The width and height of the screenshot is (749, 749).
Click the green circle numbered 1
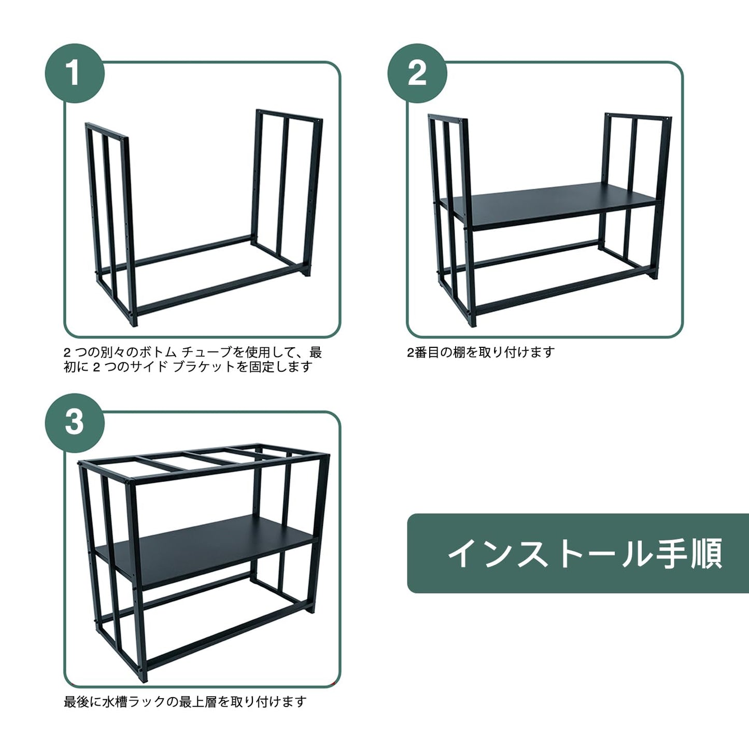pyautogui.click(x=75, y=73)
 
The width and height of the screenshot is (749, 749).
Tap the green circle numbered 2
pyautogui.click(x=417, y=73)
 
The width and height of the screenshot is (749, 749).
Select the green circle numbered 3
pyautogui.click(x=75, y=423)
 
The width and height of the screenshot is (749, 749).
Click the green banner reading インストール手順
pyautogui.click(x=578, y=554)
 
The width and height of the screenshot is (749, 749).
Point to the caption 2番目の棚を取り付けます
pyautogui.click(x=481, y=352)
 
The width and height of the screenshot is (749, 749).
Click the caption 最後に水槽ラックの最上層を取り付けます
pyautogui.click(x=185, y=702)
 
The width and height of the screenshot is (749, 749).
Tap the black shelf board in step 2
pyautogui.click(x=550, y=206)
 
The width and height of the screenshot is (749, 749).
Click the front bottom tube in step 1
pyautogui.click(x=220, y=290)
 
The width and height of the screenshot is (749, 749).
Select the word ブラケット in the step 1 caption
pyautogui.click(x=204, y=366)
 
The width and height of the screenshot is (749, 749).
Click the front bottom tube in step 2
pyautogui.click(x=563, y=293)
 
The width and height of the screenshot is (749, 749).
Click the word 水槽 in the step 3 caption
pyautogui.click(x=116, y=702)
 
